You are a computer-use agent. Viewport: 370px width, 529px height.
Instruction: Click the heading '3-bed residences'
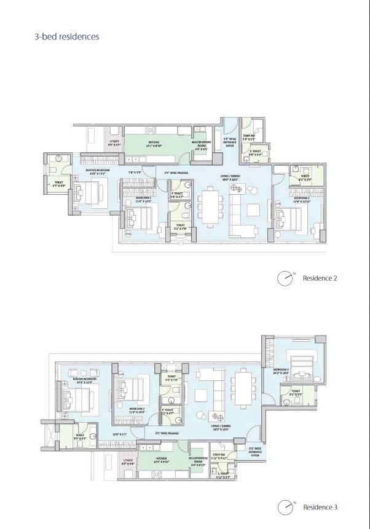66,36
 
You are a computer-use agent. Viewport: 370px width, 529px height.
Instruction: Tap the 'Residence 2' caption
320,278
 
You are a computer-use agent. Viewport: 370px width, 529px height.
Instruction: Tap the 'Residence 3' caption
320,507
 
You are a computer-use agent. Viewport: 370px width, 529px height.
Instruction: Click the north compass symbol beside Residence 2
285,278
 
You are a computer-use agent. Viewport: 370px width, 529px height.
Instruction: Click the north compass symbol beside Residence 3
285,507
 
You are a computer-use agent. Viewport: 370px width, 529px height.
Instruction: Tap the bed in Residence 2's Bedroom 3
286,219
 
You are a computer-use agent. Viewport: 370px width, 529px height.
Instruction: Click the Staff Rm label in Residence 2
249,138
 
